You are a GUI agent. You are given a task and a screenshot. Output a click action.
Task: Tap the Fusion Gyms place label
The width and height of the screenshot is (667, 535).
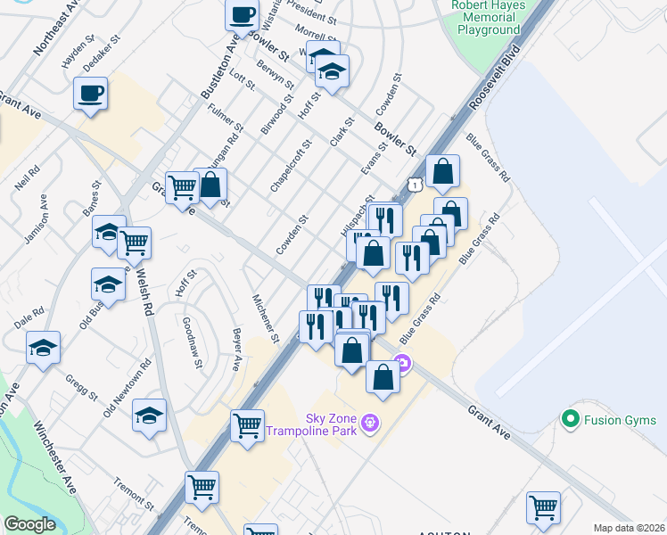(615, 417)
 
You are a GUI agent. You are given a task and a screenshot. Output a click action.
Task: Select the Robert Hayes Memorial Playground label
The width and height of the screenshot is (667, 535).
(489, 17)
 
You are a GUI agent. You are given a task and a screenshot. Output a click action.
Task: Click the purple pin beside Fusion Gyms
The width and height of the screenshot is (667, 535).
(567, 417)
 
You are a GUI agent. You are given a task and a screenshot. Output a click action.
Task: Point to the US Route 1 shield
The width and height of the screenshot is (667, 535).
(415, 183)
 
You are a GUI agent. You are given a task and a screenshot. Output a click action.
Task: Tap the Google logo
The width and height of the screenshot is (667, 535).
(29, 524)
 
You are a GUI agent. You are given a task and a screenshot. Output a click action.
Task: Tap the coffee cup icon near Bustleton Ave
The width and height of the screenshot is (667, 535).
(242, 14)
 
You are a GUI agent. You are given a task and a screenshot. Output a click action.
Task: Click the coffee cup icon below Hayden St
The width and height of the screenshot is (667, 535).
(90, 94)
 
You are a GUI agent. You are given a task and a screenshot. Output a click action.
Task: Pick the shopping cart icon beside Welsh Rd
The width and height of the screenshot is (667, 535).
(134, 242)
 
